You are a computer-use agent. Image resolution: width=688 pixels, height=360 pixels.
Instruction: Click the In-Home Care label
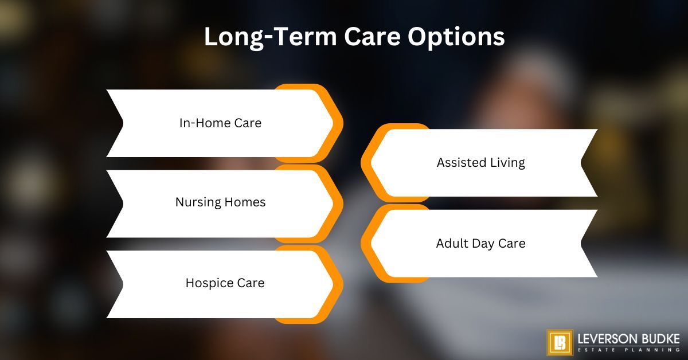tap(220, 123)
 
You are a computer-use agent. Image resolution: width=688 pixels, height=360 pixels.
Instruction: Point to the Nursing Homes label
tap(220, 202)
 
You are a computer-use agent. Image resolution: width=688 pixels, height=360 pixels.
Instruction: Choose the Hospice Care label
tap(225, 283)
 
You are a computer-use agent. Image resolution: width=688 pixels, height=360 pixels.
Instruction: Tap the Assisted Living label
tap(480, 162)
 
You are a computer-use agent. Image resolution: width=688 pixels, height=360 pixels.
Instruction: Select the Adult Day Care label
tap(480, 243)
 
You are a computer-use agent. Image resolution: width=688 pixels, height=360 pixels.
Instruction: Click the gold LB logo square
tap(560, 342)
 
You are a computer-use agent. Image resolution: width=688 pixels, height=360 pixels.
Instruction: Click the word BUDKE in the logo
tap(659, 338)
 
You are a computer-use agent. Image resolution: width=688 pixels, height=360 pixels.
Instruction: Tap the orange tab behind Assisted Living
tap(367, 163)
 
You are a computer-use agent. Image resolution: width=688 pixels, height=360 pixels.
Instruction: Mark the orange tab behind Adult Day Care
tap(367, 243)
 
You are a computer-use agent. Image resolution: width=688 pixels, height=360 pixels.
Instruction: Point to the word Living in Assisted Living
tap(506, 162)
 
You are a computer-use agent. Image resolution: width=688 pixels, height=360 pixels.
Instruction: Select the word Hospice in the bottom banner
tap(207, 283)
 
